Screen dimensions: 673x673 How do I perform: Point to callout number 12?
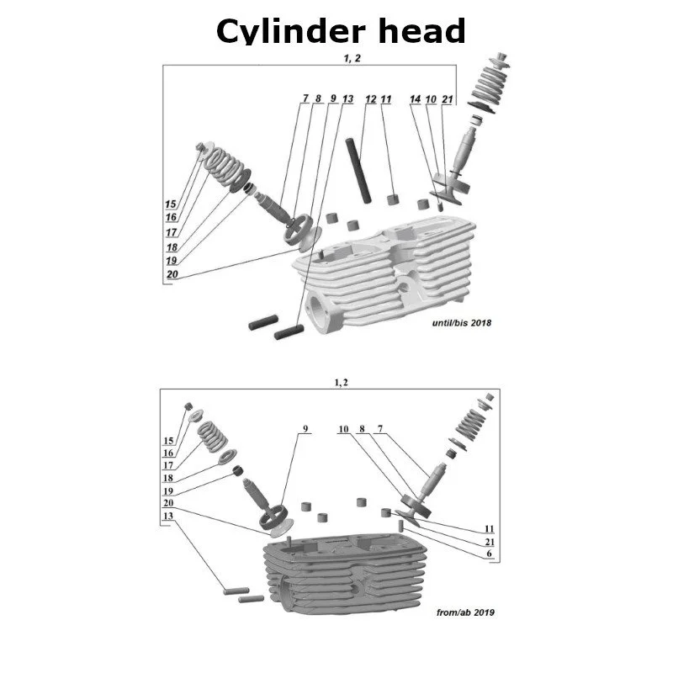[371, 99]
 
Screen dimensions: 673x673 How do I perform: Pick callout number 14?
[415, 99]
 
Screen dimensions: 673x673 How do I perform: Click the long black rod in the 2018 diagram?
[358, 171]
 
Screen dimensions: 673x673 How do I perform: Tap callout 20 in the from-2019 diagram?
[169, 502]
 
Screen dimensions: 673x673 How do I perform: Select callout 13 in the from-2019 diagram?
[169, 516]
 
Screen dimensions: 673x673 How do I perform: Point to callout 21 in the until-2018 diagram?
[447, 99]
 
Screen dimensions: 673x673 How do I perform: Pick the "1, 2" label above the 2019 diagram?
[340, 382]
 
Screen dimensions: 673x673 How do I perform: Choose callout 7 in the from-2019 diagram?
[379, 429]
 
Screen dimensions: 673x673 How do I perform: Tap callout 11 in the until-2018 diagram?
[386, 99]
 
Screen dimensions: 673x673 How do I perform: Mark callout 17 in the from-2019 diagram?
[169, 465]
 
